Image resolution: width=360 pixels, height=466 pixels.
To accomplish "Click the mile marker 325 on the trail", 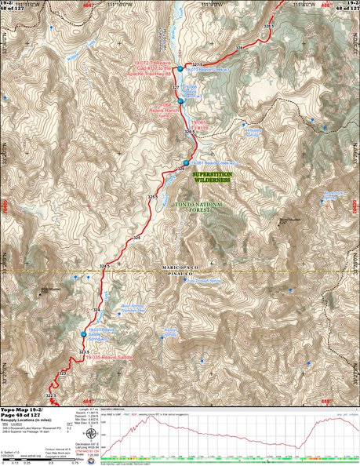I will [137, 237].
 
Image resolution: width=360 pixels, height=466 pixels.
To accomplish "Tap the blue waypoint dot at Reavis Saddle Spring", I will [83, 334].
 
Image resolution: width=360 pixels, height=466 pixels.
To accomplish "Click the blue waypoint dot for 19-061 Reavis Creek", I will [186, 162].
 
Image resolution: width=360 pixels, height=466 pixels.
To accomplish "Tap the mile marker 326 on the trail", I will [180, 169].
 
